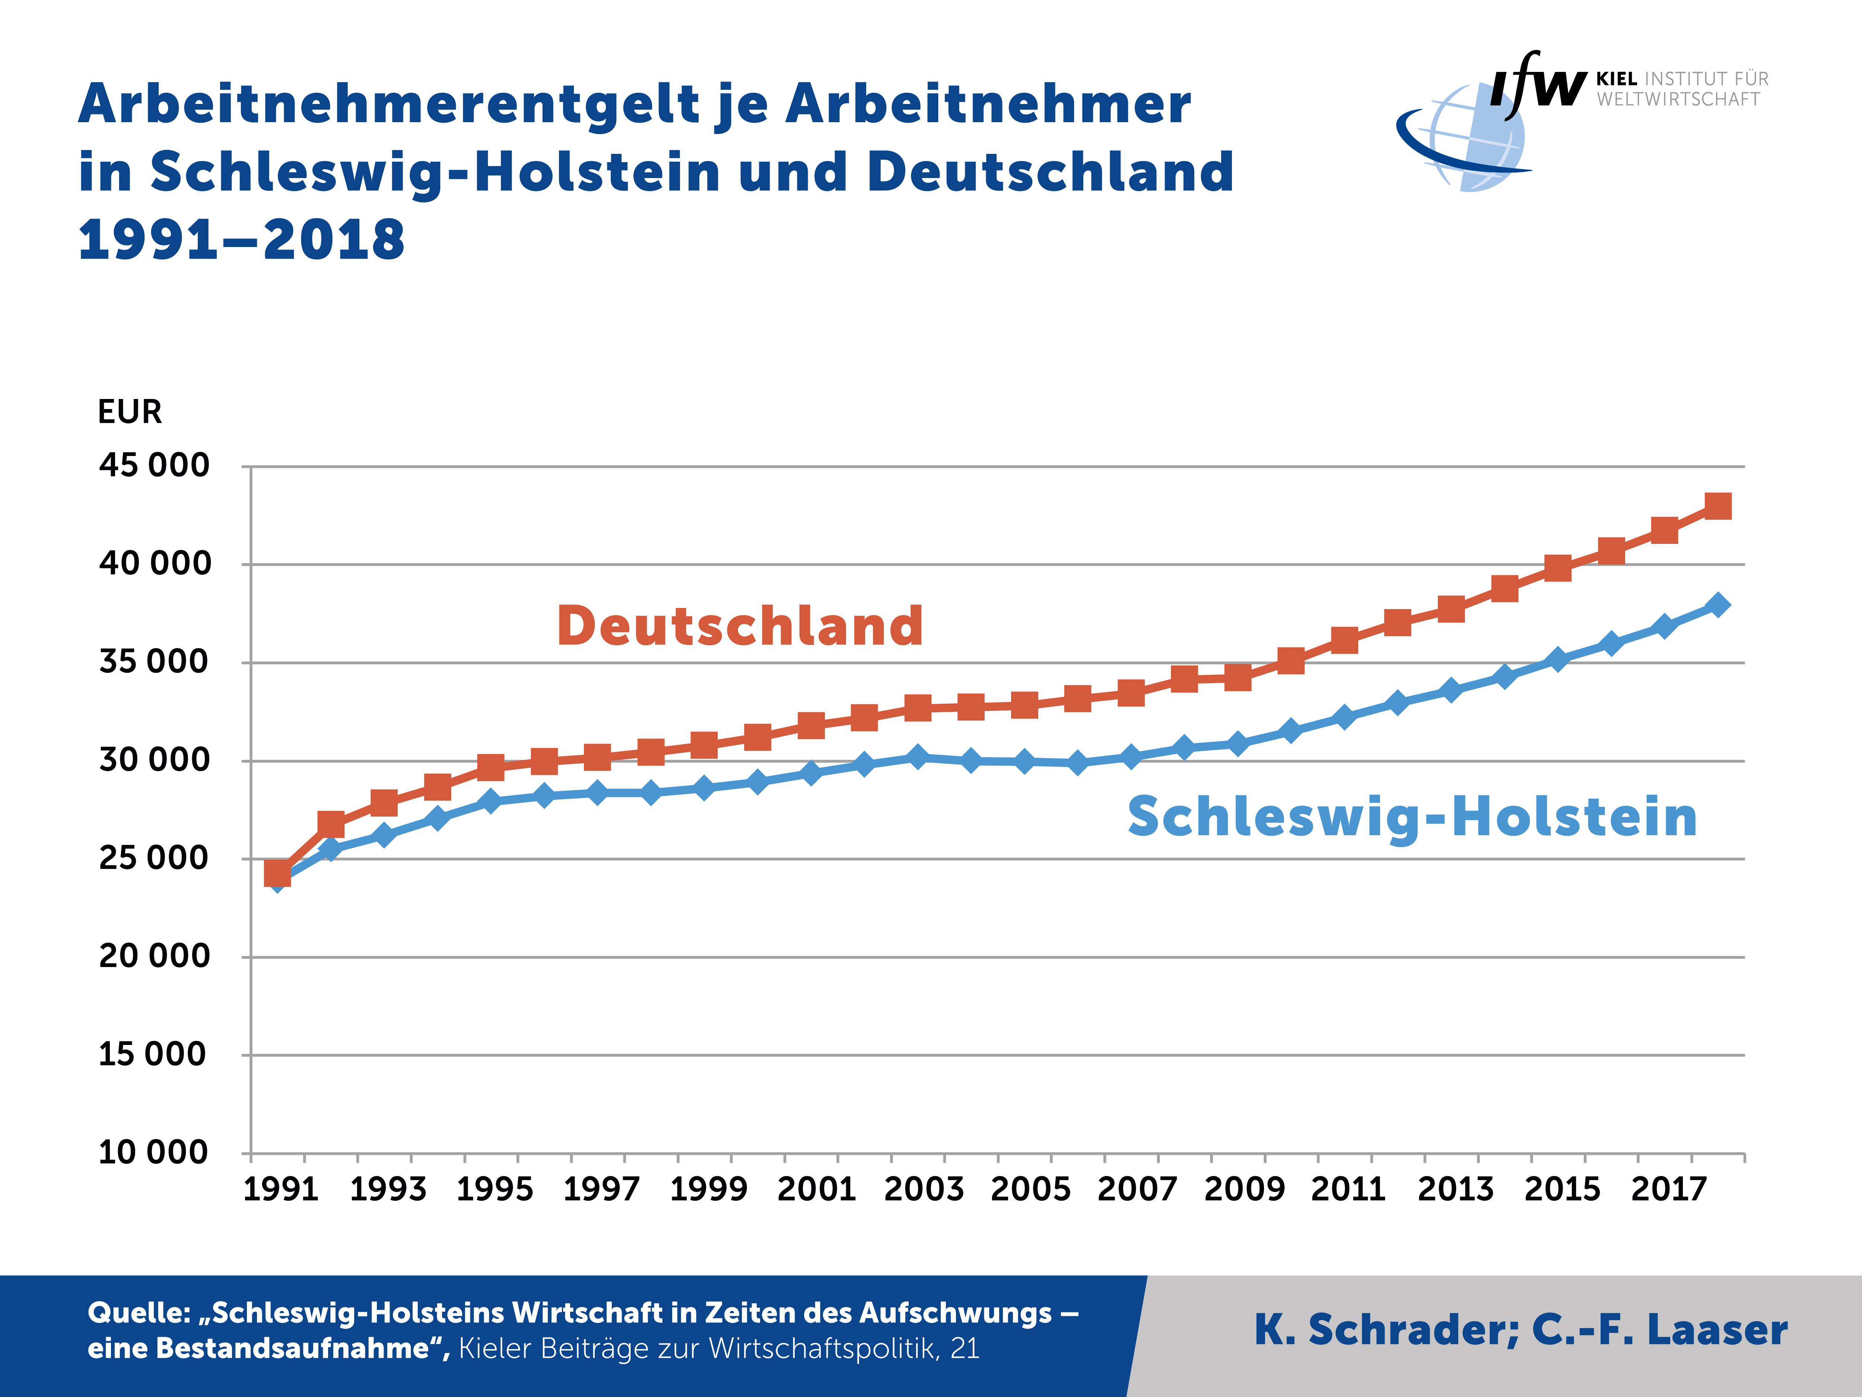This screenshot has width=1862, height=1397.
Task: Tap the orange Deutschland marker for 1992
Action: point(331,824)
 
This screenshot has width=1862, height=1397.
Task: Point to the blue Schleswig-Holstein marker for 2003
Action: point(918,756)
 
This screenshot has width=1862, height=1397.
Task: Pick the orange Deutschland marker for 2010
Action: point(1290,660)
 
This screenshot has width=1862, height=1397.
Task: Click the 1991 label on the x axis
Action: point(280,1189)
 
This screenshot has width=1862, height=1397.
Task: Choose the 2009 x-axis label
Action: point(1244,1189)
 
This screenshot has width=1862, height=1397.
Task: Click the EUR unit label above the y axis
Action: point(130,412)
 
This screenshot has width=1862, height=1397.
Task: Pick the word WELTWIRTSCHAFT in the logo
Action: point(1678,99)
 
